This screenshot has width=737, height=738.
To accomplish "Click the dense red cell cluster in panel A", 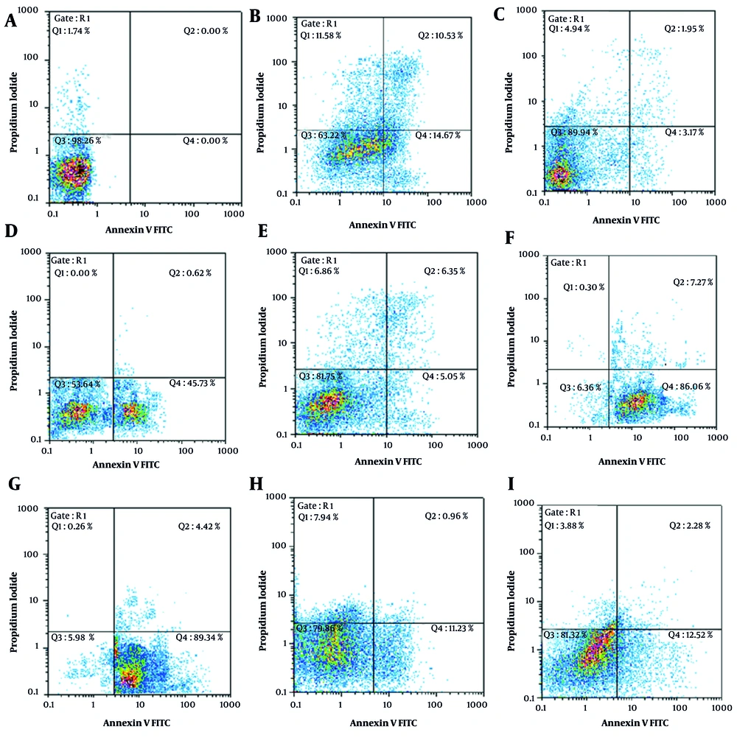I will tap(74, 171).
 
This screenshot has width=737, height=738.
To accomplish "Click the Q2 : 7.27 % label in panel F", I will tap(689, 282).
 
